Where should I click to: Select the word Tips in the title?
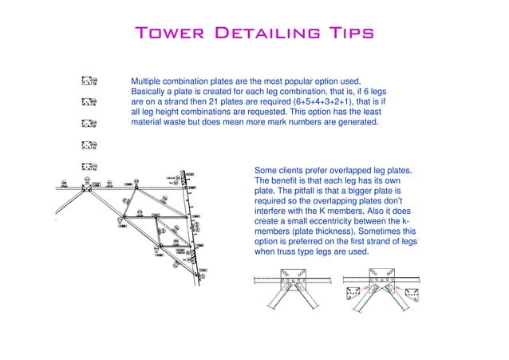pos(343,34)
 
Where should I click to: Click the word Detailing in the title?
pos(262,34)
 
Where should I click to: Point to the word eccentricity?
pos(353,222)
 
